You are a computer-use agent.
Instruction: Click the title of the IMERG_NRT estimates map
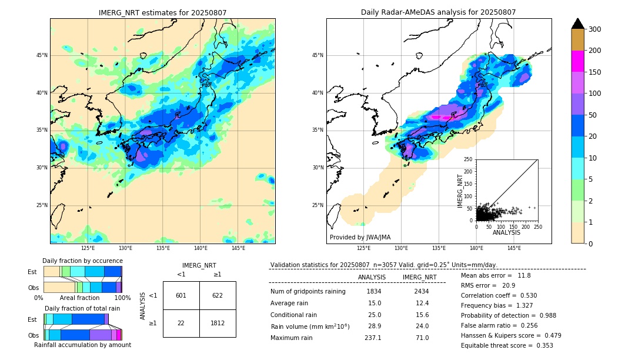coord(162,12)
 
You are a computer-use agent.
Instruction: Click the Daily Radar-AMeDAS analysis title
coord(438,12)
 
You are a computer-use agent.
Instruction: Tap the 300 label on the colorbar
coord(596,29)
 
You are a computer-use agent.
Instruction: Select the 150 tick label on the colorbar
coord(596,72)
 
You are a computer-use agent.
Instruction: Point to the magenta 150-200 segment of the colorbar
coord(577,61)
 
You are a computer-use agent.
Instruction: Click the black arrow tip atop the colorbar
coord(577,23)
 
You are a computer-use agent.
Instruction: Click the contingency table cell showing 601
coord(181,295)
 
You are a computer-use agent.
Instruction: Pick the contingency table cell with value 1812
coord(218,323)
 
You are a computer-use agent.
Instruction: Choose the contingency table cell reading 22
coord(181,323)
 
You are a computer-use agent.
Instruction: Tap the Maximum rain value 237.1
coord(373,338)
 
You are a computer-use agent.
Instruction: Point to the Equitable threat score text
coord(507,345)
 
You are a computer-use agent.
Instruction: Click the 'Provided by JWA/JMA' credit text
coord(360,237)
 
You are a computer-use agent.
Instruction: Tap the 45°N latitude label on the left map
coord(42,55)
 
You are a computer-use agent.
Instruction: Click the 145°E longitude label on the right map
coord(514,248)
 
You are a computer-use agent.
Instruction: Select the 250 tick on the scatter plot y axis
coord(469,159)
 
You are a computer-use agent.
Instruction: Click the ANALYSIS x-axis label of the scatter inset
coord(506,232)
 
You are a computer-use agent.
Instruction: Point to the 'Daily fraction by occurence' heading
coord(82,261)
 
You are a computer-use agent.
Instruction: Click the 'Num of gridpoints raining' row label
coord(308,291)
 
